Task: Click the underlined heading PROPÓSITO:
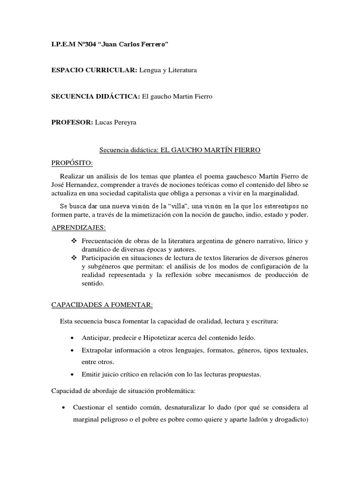(x=72, y=163)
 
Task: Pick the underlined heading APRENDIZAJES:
(x=78, y=228)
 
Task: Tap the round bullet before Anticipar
(x=71, y=338)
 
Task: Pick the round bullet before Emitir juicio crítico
(x=71, y=374)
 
